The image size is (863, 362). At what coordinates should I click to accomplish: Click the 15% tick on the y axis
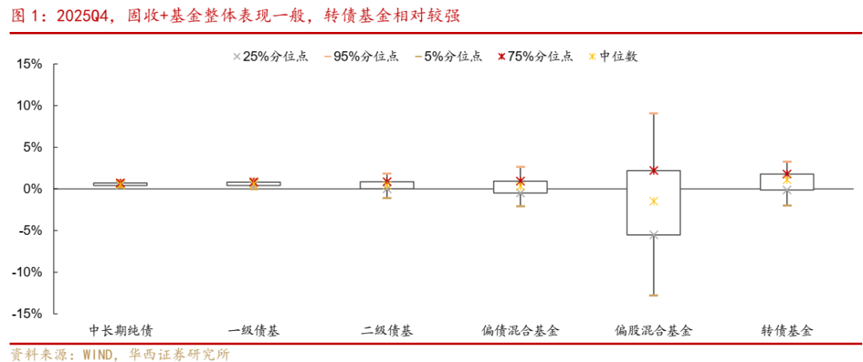click(30, 64)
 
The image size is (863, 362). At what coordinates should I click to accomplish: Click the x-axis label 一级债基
click(253, 330)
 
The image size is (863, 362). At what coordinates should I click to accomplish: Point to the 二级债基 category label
click(387, 330)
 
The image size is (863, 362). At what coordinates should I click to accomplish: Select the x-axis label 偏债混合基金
click(520, 330)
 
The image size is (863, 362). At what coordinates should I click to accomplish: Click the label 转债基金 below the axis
click(786, 330)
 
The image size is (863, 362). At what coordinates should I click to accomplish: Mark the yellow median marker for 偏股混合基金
click(654, 201)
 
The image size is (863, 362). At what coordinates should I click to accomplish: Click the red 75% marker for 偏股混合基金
click(654, 170)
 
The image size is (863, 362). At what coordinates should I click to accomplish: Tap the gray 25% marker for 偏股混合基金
click(654, 235)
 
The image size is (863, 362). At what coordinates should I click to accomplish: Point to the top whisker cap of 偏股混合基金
click(654, 113)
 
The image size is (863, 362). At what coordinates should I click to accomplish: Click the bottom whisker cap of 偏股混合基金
click(654, 296)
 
